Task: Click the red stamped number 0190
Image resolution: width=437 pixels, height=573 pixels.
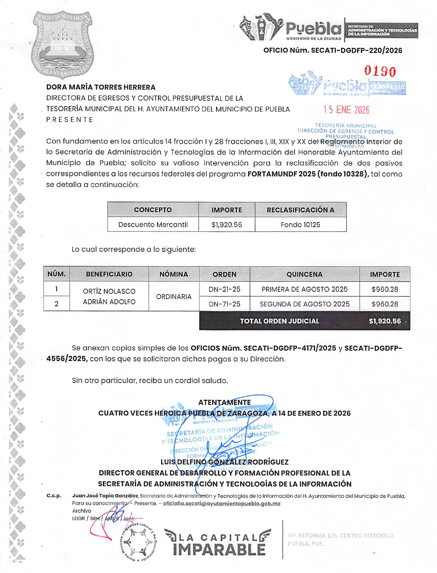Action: click(380, 72)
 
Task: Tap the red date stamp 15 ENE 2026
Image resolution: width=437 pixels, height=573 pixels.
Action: click(346, 110)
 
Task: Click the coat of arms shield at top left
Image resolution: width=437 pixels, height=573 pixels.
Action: click(62, 44)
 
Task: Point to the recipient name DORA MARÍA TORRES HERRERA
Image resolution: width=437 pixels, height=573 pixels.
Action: click(101, 87)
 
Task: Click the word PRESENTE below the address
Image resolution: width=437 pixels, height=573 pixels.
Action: click(70, 120)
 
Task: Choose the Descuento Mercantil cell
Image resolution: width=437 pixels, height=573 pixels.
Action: click(153, 225)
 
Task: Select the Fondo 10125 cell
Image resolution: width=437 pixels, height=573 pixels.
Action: click(300, 225)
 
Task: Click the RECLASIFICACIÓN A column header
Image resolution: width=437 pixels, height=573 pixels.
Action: click(300, 210)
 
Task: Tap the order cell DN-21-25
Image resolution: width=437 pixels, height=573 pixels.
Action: click(224, 289)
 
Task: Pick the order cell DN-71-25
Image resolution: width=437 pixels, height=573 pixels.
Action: click(224, 304)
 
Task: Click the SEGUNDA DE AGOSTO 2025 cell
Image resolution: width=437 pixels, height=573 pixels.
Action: click(304, 304)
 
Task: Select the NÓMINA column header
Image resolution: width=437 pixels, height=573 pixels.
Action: click(174, 274)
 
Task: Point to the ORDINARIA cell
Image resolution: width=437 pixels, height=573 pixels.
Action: click(174, 297)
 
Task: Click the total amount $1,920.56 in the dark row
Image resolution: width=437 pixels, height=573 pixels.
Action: click(385, 321)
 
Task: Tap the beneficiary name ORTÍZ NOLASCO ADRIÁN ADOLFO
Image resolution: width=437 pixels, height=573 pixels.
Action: click(109, 297)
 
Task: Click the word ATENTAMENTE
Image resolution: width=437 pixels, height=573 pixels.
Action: click(224, 402)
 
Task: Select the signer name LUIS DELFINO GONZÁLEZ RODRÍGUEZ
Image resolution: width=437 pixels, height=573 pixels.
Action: click(224, 462)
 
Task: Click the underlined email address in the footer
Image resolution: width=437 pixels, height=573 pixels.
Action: click(222, 504)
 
